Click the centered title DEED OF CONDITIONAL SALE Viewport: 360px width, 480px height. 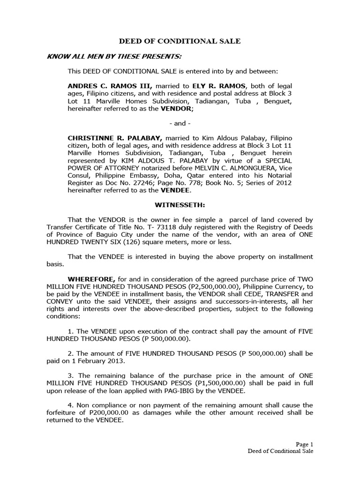[x=180, y=41]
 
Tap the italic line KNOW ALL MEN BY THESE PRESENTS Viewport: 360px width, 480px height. [x=114, y=57]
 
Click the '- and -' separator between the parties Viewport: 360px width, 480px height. [x=180, y=123]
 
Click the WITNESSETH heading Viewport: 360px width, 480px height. [x=180, y=205]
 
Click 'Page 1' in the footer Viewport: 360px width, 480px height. [x=304, y=444]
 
